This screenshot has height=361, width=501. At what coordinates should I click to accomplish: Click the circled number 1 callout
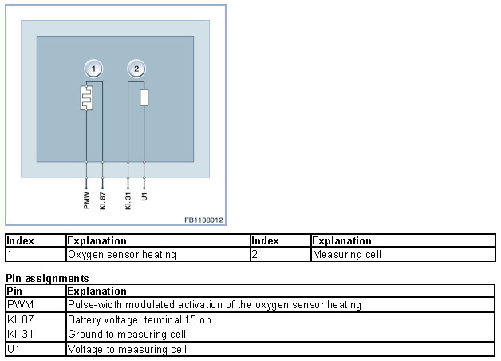coord(94,69)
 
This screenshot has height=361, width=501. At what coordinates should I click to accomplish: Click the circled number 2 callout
coord(136,69)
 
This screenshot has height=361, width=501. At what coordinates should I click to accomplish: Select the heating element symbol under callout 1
coord(87,97)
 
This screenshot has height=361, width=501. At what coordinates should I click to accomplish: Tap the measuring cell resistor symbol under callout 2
coord(144,97)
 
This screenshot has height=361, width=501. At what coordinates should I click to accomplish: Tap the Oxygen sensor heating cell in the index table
coord(122,255)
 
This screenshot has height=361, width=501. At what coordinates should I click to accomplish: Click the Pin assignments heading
coord(47,278)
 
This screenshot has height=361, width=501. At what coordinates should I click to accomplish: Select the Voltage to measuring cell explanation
coord(128,349)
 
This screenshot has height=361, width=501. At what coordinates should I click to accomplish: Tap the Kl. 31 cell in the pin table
coord(19,335)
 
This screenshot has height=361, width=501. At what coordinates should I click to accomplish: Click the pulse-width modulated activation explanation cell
coord(214,305)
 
